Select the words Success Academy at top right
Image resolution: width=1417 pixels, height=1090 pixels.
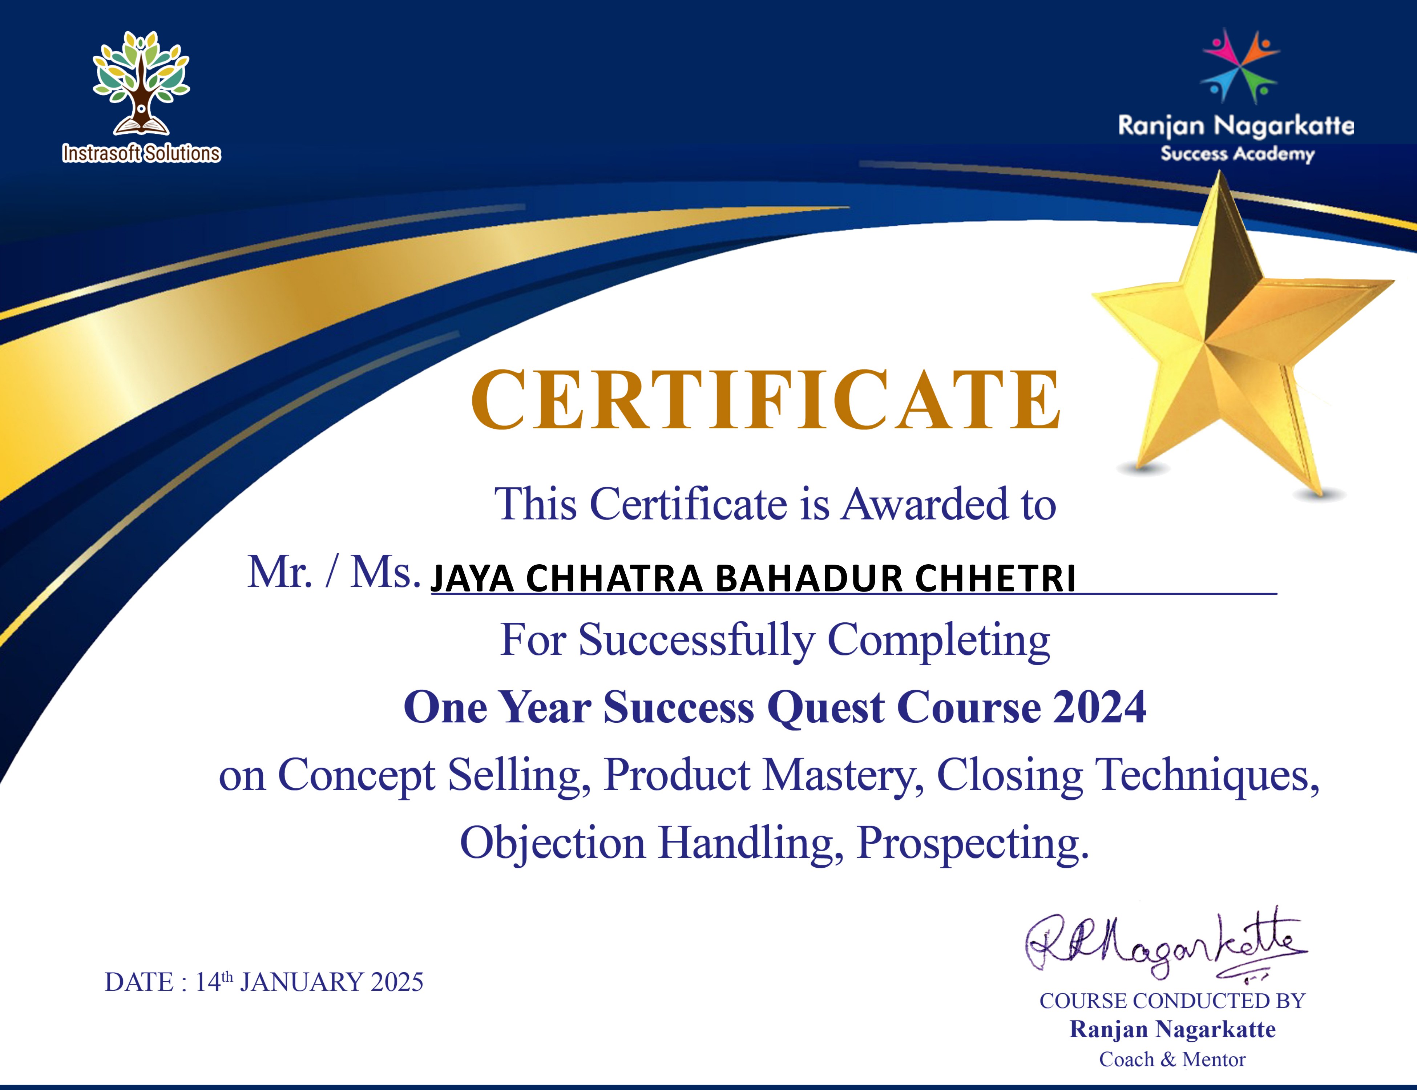(x=1237, y=154)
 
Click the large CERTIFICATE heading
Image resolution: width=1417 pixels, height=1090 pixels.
(x=766, y=400)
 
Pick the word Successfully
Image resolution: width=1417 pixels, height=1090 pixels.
(x=695, y=640)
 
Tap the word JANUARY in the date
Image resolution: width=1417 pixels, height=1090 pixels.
(x=302, y=982)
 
